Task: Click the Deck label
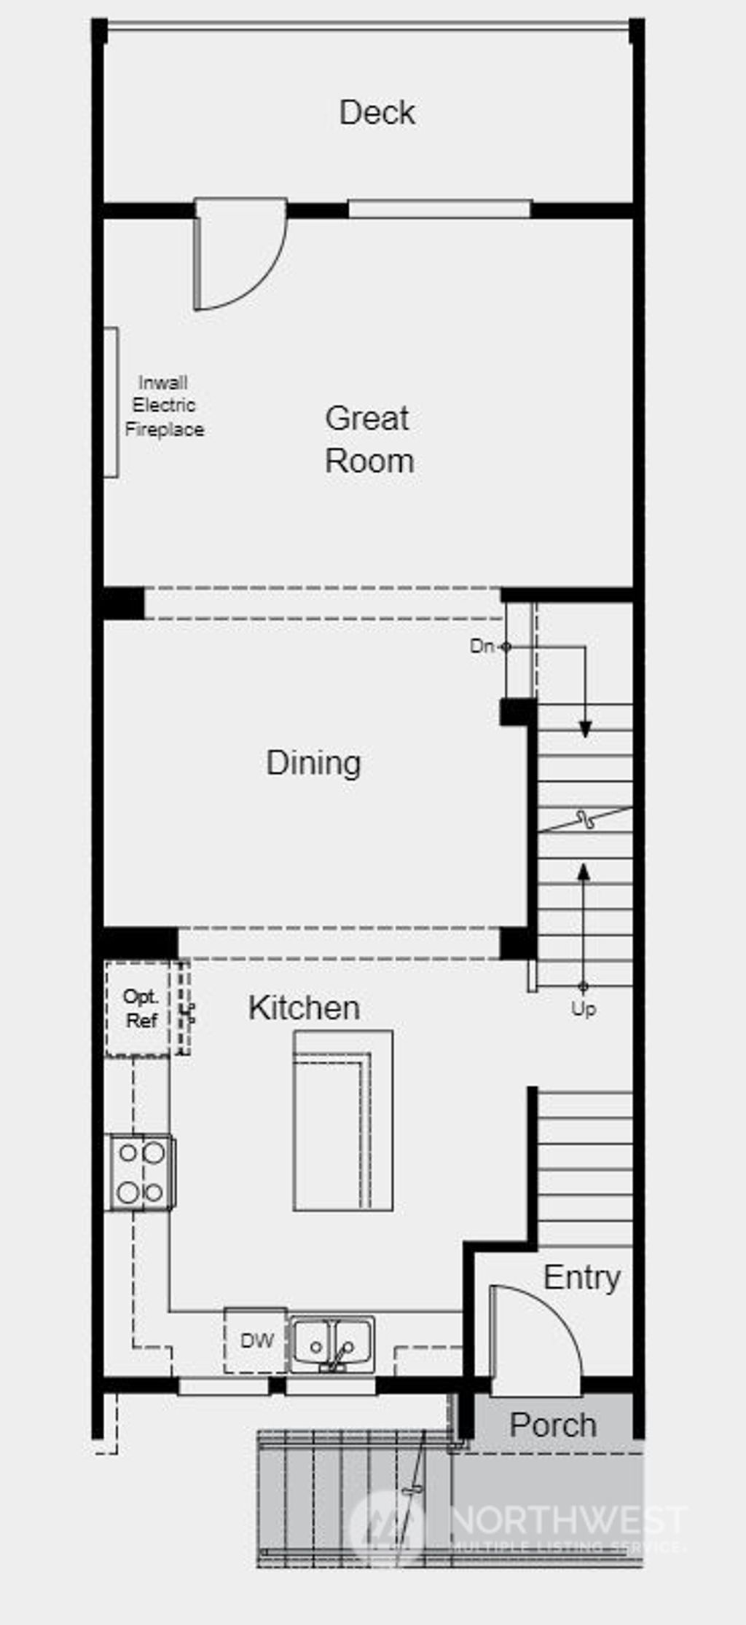pos(377,113)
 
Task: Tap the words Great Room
pos(369,440)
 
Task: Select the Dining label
pos(313,763)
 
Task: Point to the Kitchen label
pos(304,1008)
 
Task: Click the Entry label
pos(581,1278)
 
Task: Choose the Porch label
pos(553,1426)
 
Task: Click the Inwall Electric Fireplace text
pos(164,406)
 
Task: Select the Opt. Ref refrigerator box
pos(140,1009)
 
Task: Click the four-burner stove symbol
pos(141,1172)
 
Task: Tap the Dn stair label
pos(481,646)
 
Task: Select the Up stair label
pos(584,1009)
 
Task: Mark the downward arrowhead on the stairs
pos(585,730)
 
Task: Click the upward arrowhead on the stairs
pos(584,871)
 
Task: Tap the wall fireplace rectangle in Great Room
pos(111,403)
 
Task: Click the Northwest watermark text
pos(568,1520)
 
